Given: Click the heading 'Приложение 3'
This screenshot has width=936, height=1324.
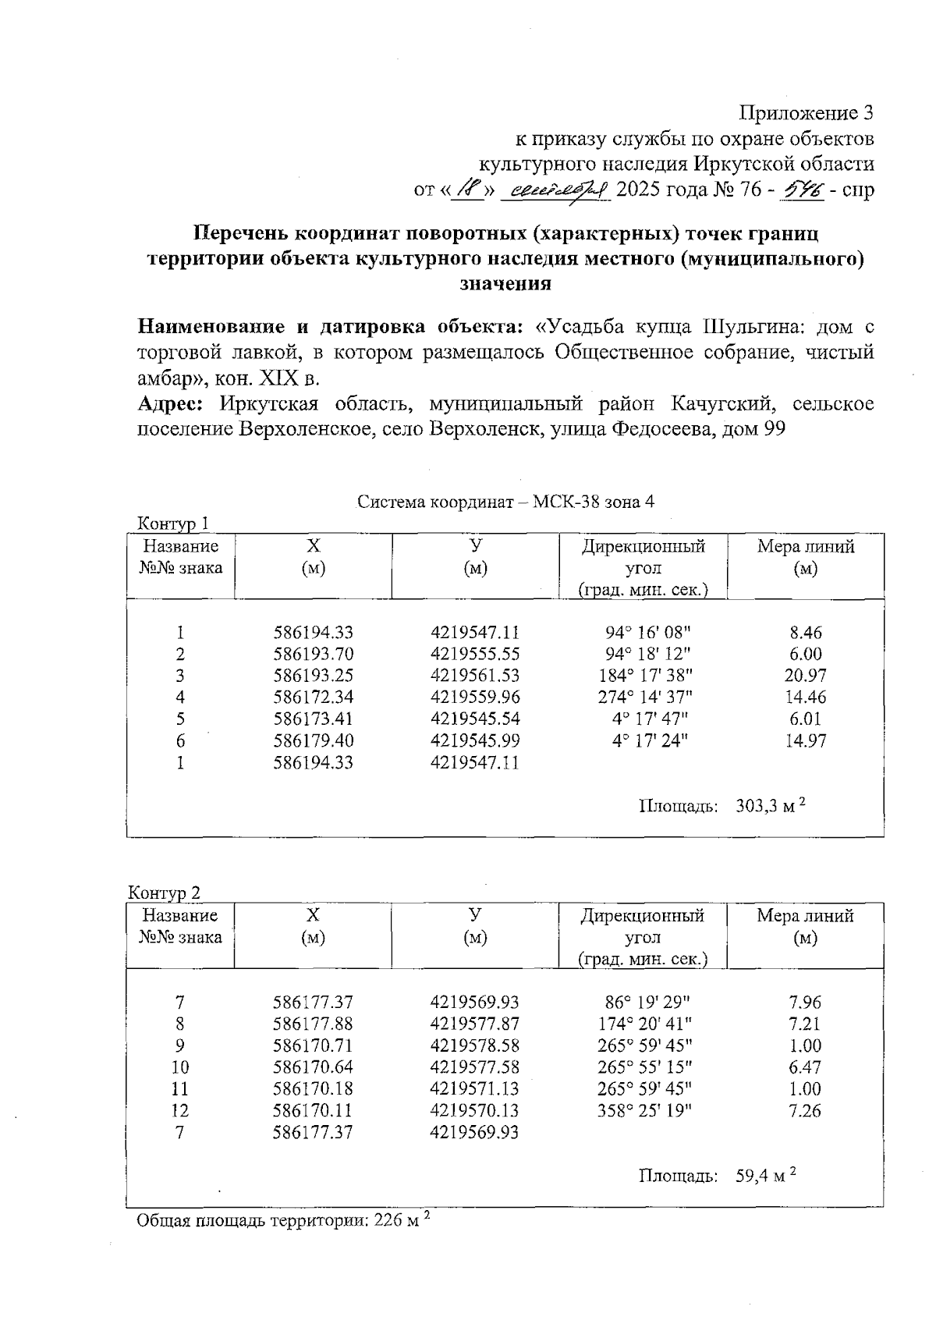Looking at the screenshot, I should point(807,114).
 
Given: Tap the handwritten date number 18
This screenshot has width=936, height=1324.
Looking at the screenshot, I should point(469,189).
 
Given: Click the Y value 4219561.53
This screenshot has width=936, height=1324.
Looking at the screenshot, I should point(474,676).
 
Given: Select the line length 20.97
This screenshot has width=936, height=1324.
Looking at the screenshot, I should point(805,676).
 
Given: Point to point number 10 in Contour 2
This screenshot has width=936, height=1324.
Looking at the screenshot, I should point(179,1067).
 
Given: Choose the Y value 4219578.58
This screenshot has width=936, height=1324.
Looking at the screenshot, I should point(474,1045).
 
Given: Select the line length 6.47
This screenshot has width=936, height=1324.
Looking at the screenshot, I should point(805,1067).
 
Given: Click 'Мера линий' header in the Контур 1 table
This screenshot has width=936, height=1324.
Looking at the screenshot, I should point(805,546).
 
